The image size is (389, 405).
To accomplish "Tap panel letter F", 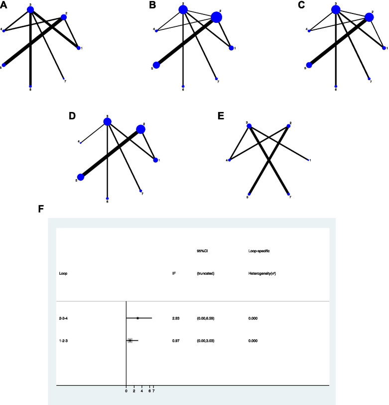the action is pyautogui.click(x=41, y=209).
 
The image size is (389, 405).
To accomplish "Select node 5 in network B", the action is pyautogui.click(x=156, y=65).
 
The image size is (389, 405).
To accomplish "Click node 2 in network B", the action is pyautogui.click(x=216, y=17).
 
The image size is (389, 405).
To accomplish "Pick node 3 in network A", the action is pyautogui.click(x=31, y=9).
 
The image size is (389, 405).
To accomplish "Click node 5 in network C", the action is pyautogui.click(x=309, y=65).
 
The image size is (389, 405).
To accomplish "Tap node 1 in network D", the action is pyautogui.click(x=156, y=160).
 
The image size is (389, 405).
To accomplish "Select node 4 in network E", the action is pyautogui.click(x=230, y=160).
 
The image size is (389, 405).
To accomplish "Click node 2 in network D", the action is pyautogui.click(x=140, y=129).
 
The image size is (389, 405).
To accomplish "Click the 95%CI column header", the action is pyautogui.click(x=203, y=251).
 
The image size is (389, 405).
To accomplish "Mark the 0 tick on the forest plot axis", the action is pyautogui.click(x=126, y=391).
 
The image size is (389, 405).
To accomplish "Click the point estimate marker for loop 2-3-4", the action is pyautogui.click(x=137, y=317).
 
